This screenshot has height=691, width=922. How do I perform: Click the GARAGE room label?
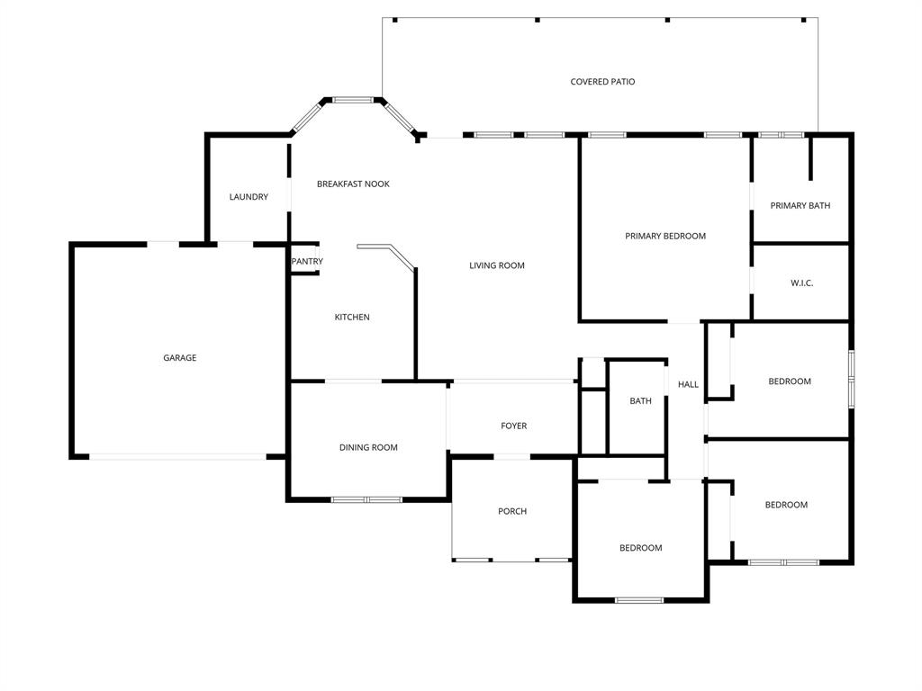pos(179,358)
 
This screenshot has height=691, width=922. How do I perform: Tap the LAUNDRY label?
pos(249,197)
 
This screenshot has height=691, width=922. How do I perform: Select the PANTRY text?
pos(307,262)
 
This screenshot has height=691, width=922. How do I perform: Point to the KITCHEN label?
pos(352,317)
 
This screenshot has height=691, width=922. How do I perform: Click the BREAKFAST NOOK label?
pos(353,184)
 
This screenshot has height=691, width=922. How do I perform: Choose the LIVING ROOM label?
pos(497,265)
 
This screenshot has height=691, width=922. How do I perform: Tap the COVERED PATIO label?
pos(602,82)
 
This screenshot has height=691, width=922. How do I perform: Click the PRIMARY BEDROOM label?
pos(665,236)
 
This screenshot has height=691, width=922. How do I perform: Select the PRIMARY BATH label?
pos(800,205)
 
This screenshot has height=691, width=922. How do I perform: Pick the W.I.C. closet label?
pos(802,283)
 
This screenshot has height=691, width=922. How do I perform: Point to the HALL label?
pos(688,384)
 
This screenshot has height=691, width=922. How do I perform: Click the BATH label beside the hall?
pos(640,400)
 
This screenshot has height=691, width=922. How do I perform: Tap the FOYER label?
pos(514,426)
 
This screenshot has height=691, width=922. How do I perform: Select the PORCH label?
pos(512,511)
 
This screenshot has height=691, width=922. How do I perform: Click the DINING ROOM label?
pos(368,447)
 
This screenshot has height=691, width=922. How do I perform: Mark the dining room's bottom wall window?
pos(366,499)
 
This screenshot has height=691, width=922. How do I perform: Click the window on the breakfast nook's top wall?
pos(353,100)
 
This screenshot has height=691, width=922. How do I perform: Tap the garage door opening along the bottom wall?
pos(177,457)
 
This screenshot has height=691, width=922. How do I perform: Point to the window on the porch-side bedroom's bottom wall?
pos(639,600)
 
